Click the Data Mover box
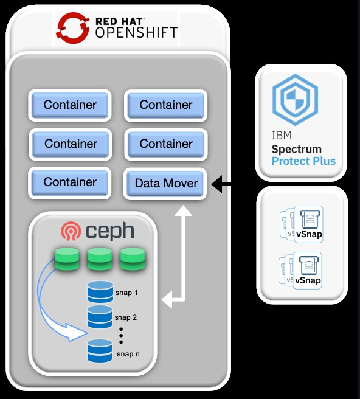click(166, 183)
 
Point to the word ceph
click(109, 232)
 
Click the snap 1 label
click(126, 293)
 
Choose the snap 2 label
click(126, 317)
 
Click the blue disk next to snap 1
click(100, 292)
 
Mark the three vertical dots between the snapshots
click(121, 335)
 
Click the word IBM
click(280, 136)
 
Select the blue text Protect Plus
click(303, 161)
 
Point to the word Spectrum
click(296, 149)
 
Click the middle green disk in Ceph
click(100, 260)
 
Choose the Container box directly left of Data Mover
click(70, 182)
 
